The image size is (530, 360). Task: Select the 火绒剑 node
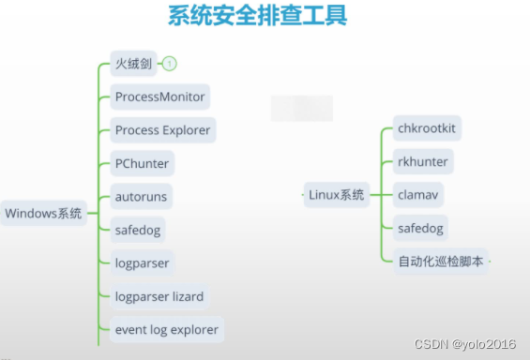point(132,65)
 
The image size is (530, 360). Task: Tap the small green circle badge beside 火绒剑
point(170,65)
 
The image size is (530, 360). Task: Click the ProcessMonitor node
point(159,97)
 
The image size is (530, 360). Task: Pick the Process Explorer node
point(162,130)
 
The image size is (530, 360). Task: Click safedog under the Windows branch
point(139,230)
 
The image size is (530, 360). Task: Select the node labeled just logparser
point(142,263)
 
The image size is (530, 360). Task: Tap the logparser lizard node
point(159,296)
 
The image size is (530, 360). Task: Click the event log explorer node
point(166,329)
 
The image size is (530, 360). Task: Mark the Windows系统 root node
point(43,213)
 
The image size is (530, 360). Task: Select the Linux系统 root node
point(336,195)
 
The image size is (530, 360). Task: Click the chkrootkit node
point(428,127)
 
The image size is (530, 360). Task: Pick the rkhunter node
point(422,161)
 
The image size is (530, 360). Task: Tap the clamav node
point(416,195)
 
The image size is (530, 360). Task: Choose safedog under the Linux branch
point(419,228)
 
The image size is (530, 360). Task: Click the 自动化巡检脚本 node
point(441,262)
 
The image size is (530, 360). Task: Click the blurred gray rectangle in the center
point(301,108)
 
